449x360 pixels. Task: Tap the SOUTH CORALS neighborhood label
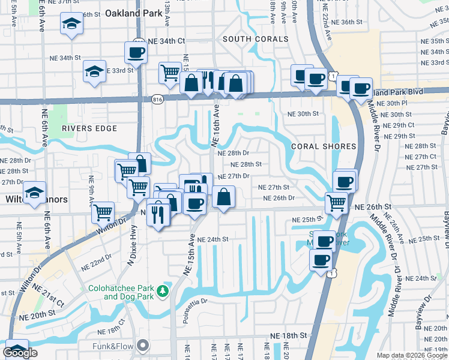(x=255, y=39)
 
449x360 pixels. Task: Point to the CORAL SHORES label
(x=323, y=146)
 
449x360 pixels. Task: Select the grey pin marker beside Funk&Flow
(x=142, y=345)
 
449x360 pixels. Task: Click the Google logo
(x=20, y=353)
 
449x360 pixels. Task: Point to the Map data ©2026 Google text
(x=412, y=355)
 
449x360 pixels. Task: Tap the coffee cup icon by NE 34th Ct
(x=136, y=52)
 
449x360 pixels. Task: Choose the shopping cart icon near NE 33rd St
(x=170, y=73)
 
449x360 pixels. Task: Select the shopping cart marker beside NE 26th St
(x=336, y=202)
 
